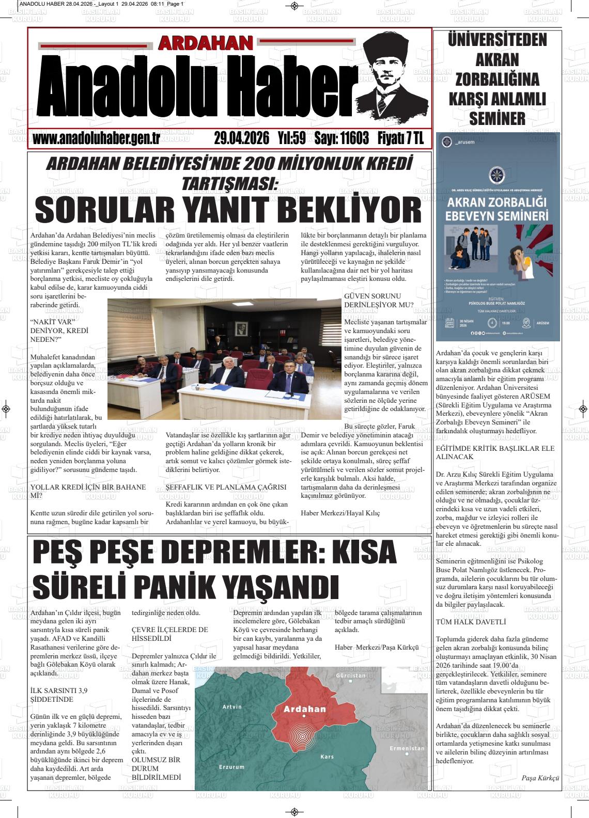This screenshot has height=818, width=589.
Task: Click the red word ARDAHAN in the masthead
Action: point(206,43)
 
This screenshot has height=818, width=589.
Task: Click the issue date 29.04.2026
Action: point(242,139)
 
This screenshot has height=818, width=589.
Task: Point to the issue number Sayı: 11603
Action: point(342,139)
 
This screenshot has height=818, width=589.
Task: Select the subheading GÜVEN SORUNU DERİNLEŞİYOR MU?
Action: point(379,301)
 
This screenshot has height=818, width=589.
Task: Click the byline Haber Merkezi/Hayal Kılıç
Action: point(340,513)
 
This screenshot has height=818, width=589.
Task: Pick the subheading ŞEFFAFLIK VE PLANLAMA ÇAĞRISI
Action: point(226,487)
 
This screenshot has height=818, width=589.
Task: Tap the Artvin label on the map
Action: point(231,706)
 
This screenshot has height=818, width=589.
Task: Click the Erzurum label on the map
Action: point(231,767)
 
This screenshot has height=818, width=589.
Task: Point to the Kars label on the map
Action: point(327,757)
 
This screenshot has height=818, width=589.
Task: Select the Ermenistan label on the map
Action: point(407,748)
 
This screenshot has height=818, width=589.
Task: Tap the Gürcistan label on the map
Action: point(350,675)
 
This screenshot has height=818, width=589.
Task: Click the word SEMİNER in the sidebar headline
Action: point(497,118)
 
